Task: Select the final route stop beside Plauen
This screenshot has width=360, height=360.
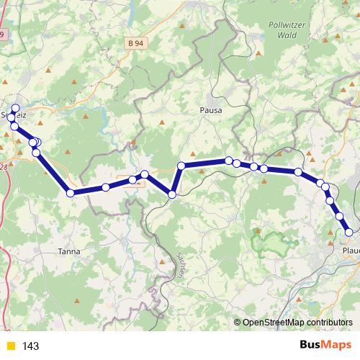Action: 349,232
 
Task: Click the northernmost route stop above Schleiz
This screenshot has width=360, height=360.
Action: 15,108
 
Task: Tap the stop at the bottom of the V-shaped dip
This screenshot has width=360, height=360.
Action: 172,194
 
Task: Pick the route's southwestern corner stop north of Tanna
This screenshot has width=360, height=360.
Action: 70,192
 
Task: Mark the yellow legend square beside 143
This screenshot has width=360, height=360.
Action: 10,346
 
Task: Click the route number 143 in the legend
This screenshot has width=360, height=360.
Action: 30,346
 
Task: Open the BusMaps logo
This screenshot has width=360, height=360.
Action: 320,346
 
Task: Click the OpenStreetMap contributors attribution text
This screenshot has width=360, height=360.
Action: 297,323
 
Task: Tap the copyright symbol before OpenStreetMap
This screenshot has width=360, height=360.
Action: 238,323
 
